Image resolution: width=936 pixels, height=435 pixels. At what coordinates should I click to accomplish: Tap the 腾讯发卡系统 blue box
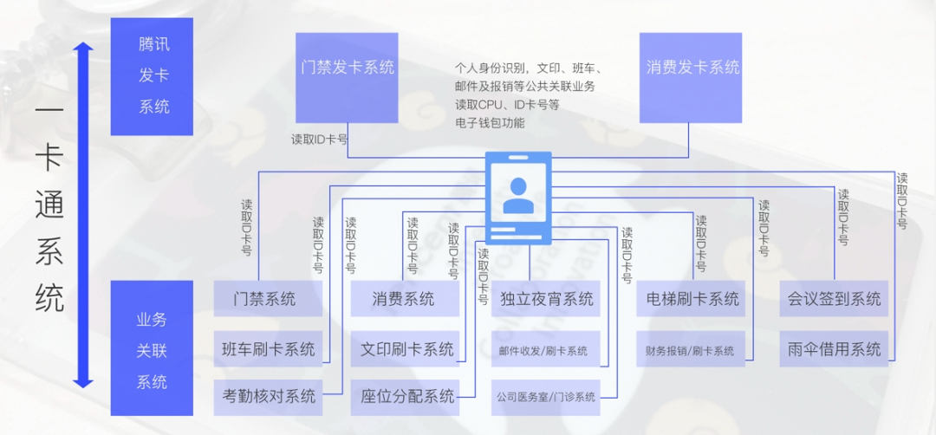[x=153, y=76]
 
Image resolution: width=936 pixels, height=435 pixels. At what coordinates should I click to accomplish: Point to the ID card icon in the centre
[x=518, y=197]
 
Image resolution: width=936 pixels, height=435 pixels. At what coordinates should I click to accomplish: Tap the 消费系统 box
[x=404, y=299]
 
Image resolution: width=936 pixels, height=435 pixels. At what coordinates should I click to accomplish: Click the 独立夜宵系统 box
[x=546, y=299]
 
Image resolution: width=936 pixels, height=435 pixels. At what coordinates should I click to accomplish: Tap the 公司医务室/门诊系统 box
[x=546, y=397]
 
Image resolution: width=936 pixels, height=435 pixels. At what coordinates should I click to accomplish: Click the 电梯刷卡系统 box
[x=692, y=299]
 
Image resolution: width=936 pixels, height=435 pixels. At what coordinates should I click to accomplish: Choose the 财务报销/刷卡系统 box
[x=690, y=350]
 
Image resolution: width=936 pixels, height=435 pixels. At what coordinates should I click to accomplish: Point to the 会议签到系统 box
[x=834, y=299]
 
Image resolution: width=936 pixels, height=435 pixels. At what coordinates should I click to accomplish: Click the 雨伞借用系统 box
[x=834, y=349]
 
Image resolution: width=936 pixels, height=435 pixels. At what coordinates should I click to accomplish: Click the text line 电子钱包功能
[x=490, y=123]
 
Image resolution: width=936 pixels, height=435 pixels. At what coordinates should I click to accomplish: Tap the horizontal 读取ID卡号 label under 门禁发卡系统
[x=319, y=139]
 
